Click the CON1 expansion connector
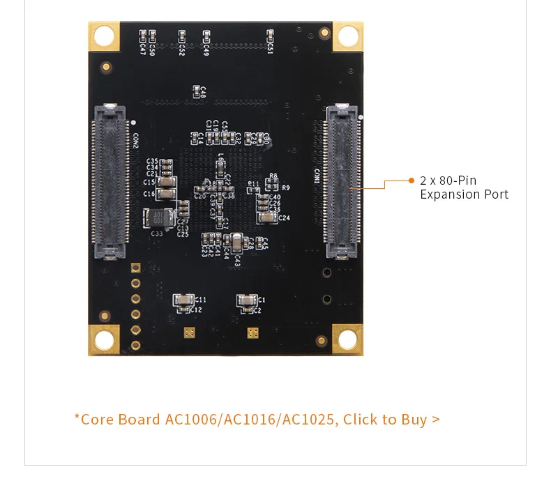click(341, 181)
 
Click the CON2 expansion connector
click(110, 181)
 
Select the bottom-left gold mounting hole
click(104, 340)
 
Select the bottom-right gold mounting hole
click(347, 339)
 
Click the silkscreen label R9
click(285, 187)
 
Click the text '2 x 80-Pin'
click(448, 181)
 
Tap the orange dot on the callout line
click(412, 181)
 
